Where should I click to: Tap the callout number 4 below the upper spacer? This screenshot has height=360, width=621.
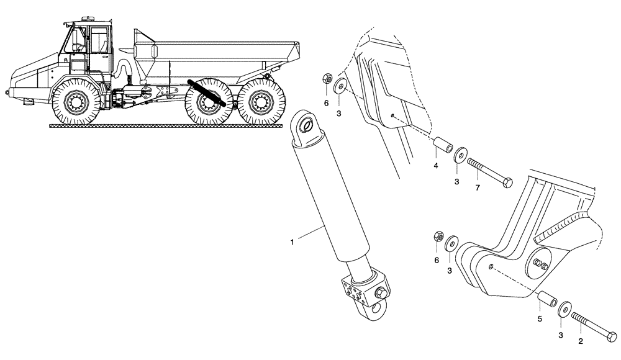point(435,166)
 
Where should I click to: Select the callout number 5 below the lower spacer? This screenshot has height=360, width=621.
point(540,318)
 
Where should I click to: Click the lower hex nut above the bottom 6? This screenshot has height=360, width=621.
point(436,237)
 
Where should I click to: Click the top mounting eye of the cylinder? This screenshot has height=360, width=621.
point(306,127)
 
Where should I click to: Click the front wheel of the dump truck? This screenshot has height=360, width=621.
point(78,102)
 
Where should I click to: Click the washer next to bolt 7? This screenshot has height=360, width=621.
point(461,156)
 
